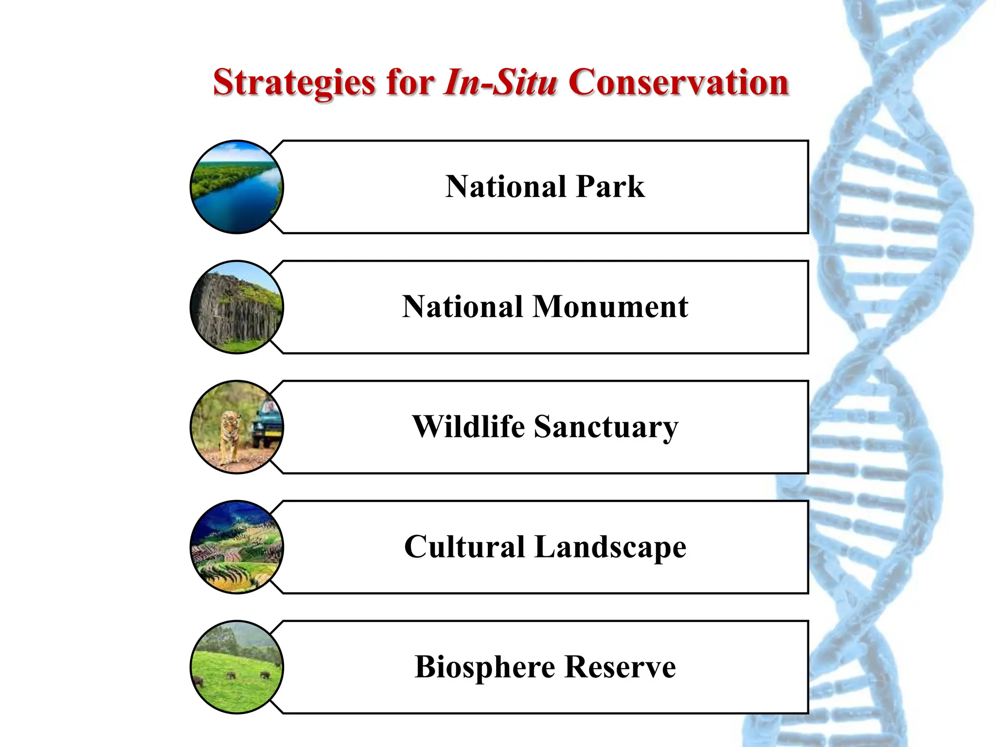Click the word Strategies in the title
294,83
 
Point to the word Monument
610,307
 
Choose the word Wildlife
468,427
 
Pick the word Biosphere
484,667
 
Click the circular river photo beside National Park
237,187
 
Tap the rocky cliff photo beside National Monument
237,307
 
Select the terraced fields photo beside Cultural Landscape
237,547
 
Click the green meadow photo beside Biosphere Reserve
237,667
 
